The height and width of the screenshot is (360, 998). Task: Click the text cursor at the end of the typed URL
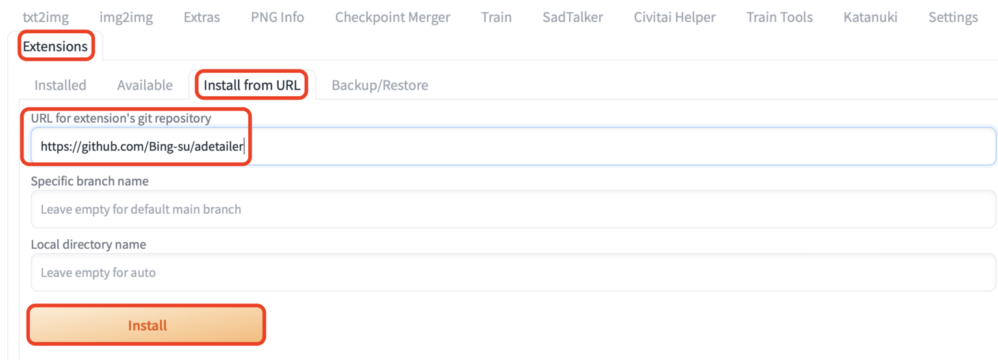tap(244, 146)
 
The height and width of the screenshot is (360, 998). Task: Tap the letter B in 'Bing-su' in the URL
tap(153, 146)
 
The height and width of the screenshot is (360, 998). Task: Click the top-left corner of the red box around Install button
tap(27, 305)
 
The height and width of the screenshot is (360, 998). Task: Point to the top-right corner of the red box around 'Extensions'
tap(94, 31)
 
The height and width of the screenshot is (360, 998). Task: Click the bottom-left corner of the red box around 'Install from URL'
tap(196, 99)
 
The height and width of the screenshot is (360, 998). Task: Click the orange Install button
tap(147, 326)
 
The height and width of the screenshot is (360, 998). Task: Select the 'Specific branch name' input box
tap(513, 209)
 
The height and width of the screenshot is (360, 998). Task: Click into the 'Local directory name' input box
tap(513, 272)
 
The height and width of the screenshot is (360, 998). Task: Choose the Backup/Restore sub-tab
tap(379, 85)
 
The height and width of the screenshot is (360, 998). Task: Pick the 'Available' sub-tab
tap(145, 85)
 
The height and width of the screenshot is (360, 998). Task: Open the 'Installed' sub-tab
tap(60, 85)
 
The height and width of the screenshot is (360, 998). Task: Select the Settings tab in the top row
tap(953, 18)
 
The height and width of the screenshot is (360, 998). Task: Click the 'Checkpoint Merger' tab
tap(392, 18)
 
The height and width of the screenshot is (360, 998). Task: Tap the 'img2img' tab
tap(126, 18)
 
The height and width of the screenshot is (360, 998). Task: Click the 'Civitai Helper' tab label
tap(674, 18)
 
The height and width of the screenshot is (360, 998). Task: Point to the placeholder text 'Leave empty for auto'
tap(98, 272)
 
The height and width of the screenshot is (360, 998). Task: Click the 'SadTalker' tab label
tap(572, 18)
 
